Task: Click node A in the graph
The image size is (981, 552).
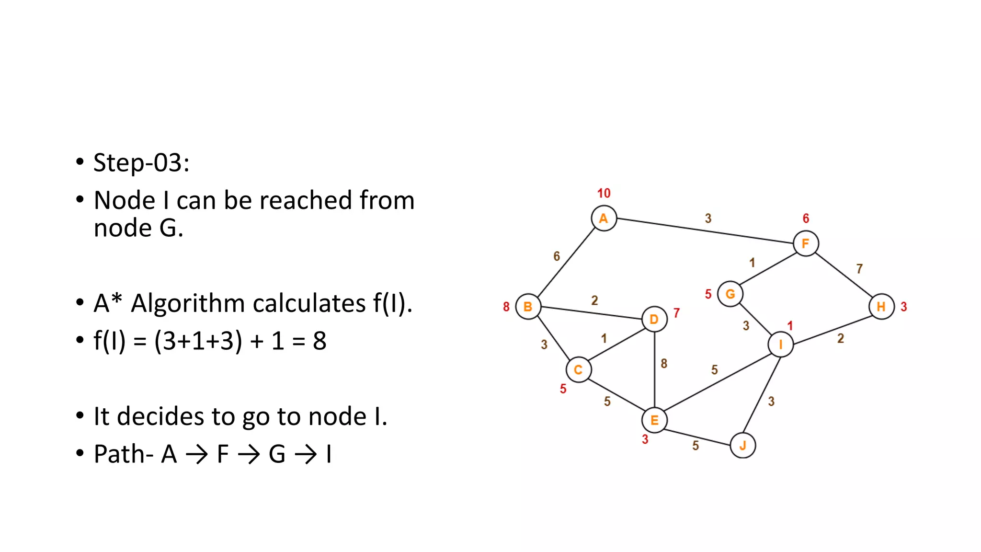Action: (x=604, y=218)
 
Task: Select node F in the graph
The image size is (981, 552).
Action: (x=806, y=243)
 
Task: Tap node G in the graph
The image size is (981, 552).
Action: (x=730, y=294)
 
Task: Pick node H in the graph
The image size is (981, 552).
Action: (x=881, y=307)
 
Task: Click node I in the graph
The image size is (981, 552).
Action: (x=780, y=344)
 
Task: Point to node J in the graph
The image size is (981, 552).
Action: (x=742, y=446)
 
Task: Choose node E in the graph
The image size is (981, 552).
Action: (x=654, y=420)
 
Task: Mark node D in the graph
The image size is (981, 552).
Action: (x=654, y=319)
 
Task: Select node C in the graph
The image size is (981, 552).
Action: (x=578, y=369)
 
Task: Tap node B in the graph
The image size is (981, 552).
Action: (x=528, y=307)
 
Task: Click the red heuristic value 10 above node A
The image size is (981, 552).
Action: (x=604, y=193)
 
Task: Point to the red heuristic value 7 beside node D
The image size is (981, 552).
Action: (x=676, y=313)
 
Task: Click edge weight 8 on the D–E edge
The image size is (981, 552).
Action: (x=664, y=364)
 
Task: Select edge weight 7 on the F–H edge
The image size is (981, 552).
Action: (x=859, y=269)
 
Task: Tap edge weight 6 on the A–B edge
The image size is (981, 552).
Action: (x=557, y=256)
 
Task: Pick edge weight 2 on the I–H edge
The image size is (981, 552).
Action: (x=841, y=338)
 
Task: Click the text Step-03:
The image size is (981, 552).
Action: (x=141, y=162)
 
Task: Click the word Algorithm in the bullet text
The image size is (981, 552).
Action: (x=248, y=303)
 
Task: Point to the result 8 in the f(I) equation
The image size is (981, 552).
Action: (x=319, y=341)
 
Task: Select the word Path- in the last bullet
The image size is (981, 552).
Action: (x=123, y=454)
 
